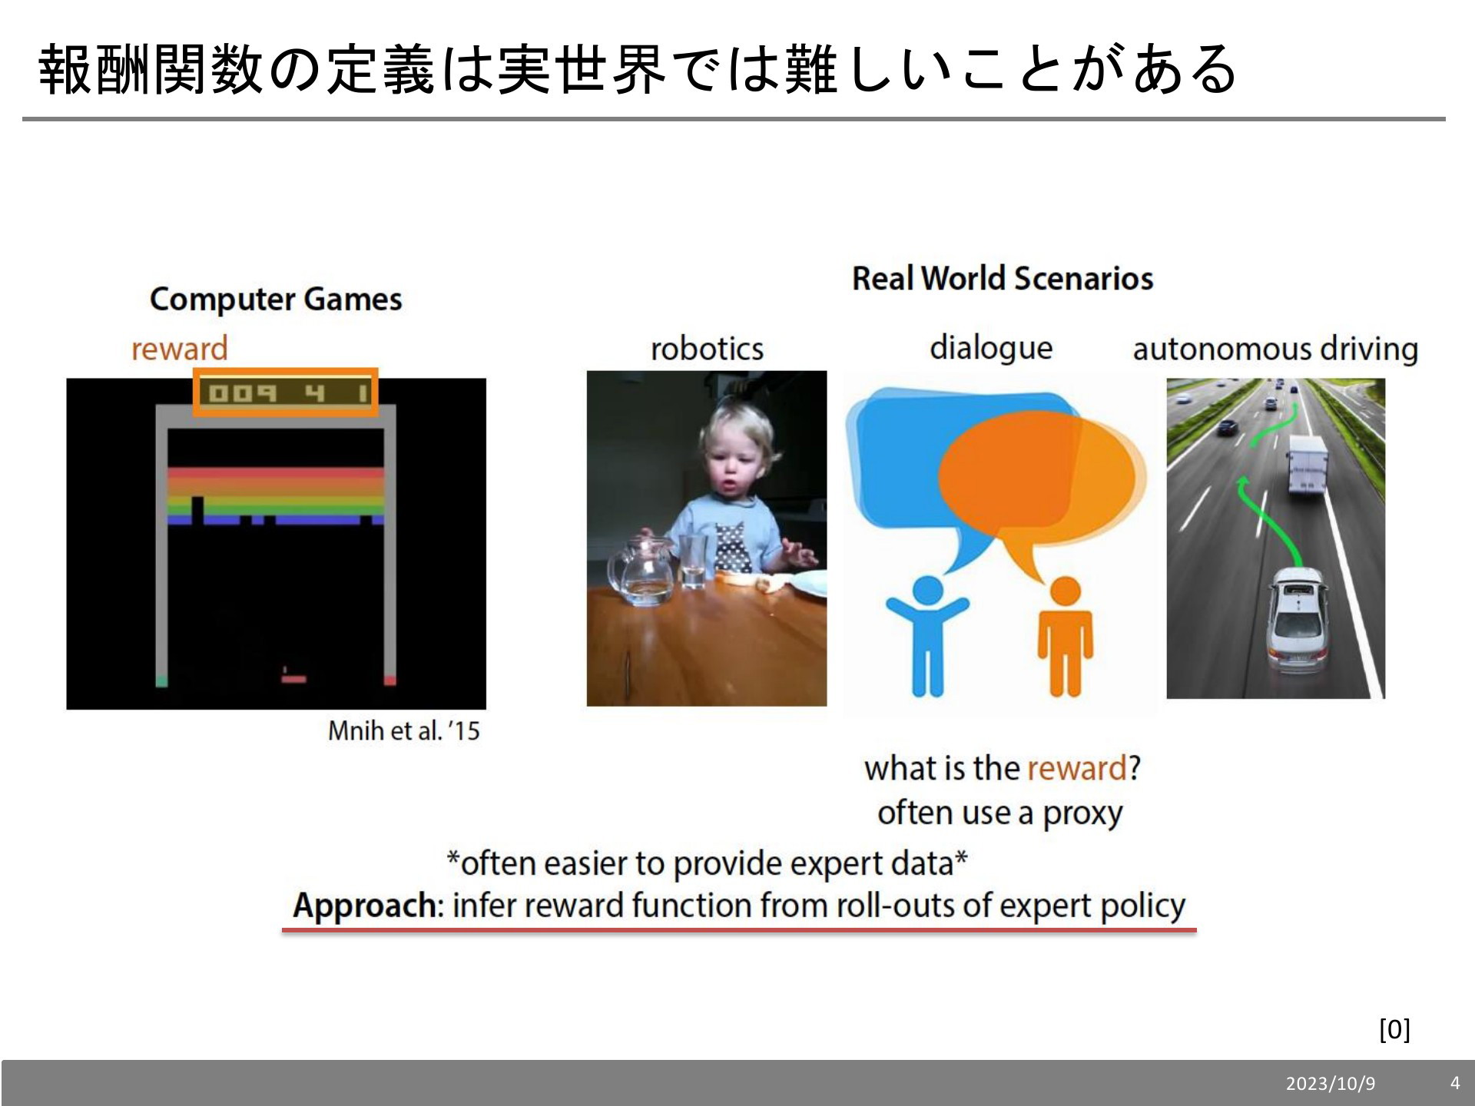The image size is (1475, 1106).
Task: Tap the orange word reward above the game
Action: tap(180, 349)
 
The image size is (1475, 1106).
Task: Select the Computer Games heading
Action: tap(276, 299)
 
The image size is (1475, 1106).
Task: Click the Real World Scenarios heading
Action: tap(1003, 278)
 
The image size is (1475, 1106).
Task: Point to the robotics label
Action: tap(707, 349)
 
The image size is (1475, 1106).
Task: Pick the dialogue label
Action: tap(991, 349)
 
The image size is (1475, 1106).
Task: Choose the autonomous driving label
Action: tap(1275, 349)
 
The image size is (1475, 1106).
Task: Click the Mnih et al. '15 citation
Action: tap(403, 730)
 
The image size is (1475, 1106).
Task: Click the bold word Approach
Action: tap(364, 906)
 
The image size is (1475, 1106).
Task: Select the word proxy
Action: tap(1082, 813)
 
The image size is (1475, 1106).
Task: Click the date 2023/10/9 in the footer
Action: tap(1331, 1084)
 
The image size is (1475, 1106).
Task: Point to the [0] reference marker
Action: tap(1394, 1029)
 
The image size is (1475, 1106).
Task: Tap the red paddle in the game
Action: tap(293, 678)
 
